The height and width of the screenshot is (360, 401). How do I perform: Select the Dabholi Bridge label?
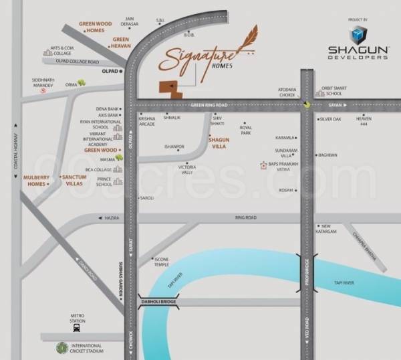(159, 302)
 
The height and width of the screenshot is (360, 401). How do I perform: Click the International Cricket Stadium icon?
(62, 348)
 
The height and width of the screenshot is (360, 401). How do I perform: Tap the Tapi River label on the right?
(344, 283)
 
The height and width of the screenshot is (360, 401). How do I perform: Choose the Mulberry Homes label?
(35, 180)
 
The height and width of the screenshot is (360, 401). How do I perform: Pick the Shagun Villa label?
(219, 143)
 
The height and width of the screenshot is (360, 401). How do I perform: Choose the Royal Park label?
(246, 130)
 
